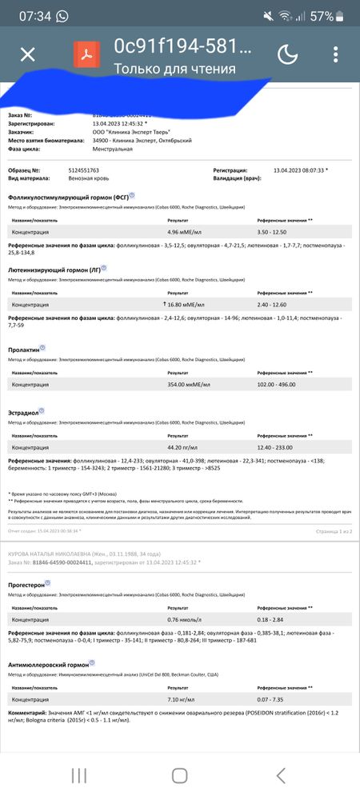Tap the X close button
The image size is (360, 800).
[x=28, y=54]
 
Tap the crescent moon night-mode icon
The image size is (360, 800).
[x=287, y=54]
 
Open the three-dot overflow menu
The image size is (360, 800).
[x=335, y=54]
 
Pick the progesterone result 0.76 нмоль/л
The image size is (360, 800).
[x=182, y=619]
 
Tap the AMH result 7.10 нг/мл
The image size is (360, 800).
[x=180, y=699]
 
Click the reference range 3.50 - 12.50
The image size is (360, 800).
[x=275, y=232]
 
